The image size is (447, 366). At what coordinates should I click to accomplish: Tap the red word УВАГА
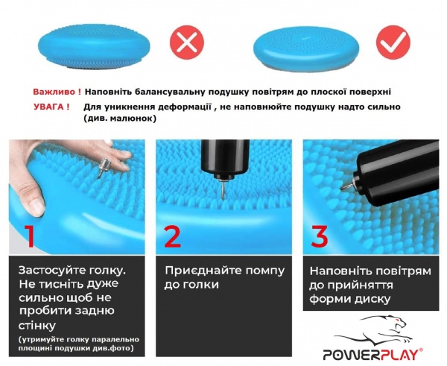click(51, 107)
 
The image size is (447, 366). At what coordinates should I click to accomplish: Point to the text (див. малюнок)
click(114, 119)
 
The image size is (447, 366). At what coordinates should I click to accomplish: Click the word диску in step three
click(370, 300)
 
